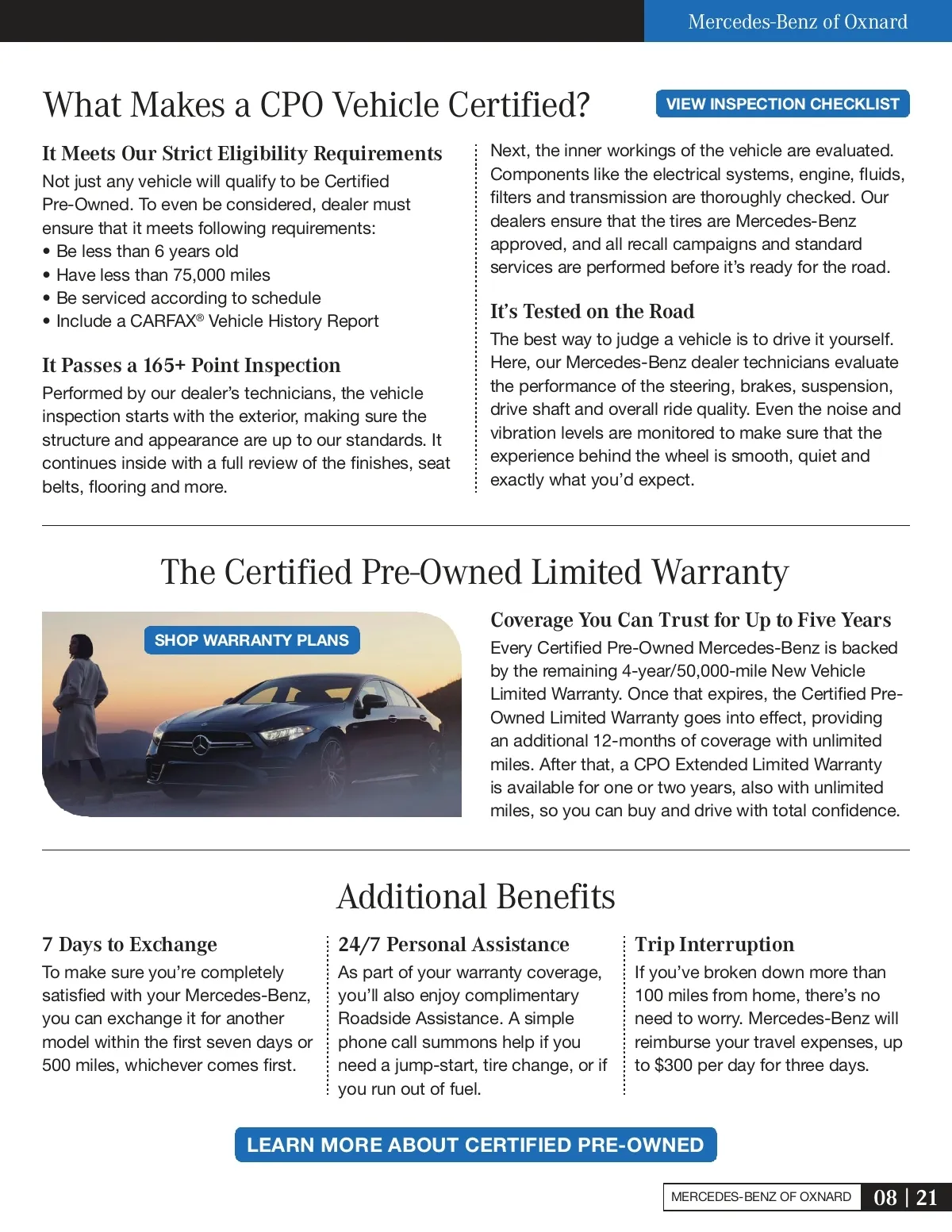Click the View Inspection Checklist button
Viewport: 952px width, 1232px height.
(x=782, y=104)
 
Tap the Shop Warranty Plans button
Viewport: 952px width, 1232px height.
(x=251, y=640)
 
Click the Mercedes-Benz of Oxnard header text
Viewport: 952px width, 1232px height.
(x=797, y=21)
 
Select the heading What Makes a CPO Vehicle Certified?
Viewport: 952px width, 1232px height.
(x=317, y=105)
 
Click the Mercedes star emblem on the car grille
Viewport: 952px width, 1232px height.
(x=201, y=745)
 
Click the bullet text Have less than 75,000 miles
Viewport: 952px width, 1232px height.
(x=163, y=274)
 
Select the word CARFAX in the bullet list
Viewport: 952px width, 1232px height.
(x=163, y=321)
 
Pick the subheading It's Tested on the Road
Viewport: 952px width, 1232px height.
(x=592, y=311)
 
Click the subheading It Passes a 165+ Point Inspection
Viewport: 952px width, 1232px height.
(x=191, y=365)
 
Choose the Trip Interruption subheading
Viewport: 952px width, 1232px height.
(x=714, y=944)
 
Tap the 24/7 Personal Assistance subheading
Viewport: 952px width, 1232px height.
(x=454, y=944)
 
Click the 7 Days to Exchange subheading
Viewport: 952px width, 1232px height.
(x=129, y=944)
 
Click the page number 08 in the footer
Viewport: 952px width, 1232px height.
(x=885, y=1197)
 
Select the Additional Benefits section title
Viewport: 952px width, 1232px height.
(x=476, y=896)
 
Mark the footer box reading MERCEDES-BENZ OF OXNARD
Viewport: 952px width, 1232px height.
(x=761, y=1197)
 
